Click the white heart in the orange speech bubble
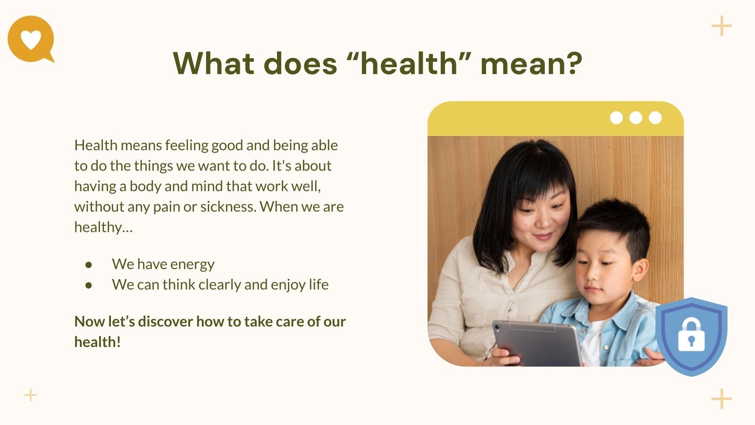31,40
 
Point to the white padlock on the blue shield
691,335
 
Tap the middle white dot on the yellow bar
636,118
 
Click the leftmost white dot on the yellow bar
616,118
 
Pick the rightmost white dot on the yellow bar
655,118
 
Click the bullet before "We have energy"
89,265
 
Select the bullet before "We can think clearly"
89,285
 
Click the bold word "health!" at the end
97,342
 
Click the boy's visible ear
640,269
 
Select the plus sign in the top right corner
721,25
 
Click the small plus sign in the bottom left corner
30,395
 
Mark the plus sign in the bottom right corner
721,399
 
